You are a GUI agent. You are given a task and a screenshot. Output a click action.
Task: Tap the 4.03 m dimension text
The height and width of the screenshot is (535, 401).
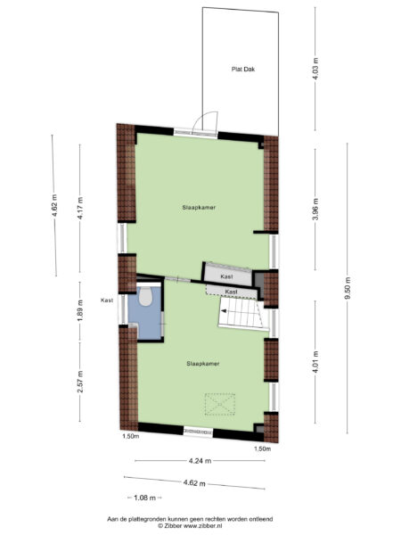point(315,69)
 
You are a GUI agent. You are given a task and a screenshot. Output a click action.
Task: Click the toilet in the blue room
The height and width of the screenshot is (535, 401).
point(146,296)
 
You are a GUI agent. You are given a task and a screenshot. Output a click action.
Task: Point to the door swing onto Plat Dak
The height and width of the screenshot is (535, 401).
point(207,124)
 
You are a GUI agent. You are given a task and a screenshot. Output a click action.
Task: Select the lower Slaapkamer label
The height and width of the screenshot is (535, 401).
point(203,364)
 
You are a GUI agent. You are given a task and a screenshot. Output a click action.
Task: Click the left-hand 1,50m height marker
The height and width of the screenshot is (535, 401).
point(130,437)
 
